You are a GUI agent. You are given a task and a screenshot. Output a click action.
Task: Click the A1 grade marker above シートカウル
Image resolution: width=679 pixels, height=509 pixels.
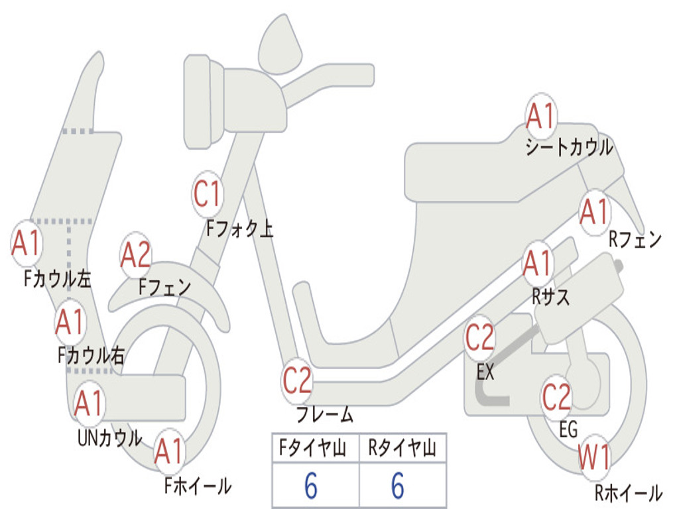coord(541,115)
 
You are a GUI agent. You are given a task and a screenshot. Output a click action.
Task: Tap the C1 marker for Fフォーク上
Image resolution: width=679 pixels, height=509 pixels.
coord(208,194)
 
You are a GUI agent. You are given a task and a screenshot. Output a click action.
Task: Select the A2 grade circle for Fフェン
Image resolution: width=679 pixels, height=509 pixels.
coord(135,255)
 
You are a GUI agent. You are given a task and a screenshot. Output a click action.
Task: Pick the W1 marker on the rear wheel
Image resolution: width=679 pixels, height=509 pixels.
coord(594,457)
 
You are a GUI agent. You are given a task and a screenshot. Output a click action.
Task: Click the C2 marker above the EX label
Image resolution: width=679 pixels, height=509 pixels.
coord(479,337)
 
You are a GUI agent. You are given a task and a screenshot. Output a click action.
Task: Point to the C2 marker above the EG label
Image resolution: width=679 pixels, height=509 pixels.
coord(556,397)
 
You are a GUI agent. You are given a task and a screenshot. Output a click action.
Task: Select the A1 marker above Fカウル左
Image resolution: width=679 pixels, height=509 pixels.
coord(27,243)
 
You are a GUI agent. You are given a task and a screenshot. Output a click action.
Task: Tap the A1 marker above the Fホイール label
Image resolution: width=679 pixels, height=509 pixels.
coord(169,451)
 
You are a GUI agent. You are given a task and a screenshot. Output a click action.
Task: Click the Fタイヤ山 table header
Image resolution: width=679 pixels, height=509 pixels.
coord(312,447)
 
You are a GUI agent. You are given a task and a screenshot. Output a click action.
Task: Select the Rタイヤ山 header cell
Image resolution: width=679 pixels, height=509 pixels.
coord(402,447)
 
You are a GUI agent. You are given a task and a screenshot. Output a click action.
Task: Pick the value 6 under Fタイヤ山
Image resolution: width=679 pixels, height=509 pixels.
coord(311,485)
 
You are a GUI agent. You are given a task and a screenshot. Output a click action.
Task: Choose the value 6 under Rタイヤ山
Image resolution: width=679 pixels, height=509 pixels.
coord(398,485)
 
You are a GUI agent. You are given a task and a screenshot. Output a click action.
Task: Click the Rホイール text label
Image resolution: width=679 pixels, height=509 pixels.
coord(629,492)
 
